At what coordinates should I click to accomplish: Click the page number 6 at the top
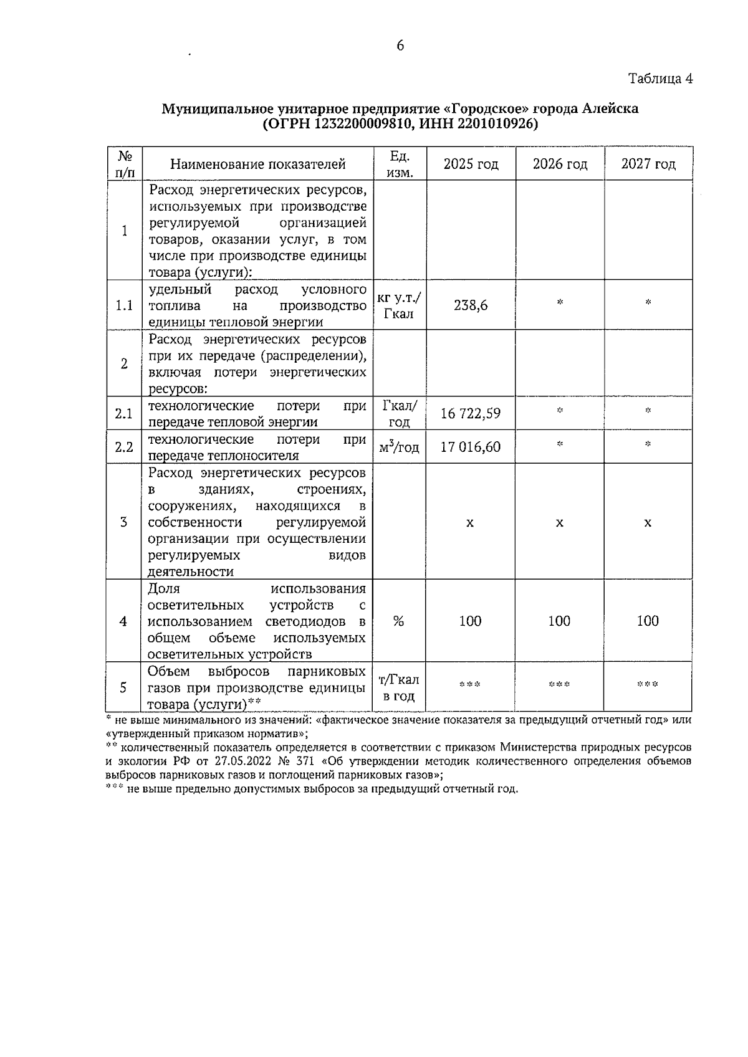[x=400, y=45]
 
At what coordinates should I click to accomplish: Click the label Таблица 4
[x=660, y=79]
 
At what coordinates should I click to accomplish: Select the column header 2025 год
[x=471, y=164]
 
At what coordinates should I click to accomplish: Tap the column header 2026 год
[x=560, y=164]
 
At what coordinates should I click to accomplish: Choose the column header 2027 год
[x=648, y=164]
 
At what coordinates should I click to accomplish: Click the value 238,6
[x=471, y=305]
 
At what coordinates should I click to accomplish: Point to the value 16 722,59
[x=471, y=414]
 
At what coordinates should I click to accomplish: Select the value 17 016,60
[x=471, y=447]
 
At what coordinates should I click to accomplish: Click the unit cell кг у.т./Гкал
[x=399, y=305]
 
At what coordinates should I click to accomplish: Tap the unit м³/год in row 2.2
[x=399, y=447]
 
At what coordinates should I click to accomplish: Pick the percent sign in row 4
[x=399, y=621]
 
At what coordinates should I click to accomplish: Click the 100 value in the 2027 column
[x=648, y=621]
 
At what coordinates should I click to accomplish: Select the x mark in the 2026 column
[x=560, y=523]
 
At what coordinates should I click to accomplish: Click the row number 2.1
[x=124, y=414]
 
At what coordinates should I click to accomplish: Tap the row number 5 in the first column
[x=123, y=687]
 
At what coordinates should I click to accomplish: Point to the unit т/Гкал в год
[x=399, y=687]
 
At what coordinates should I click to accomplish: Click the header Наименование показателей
[x=257, y=165]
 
